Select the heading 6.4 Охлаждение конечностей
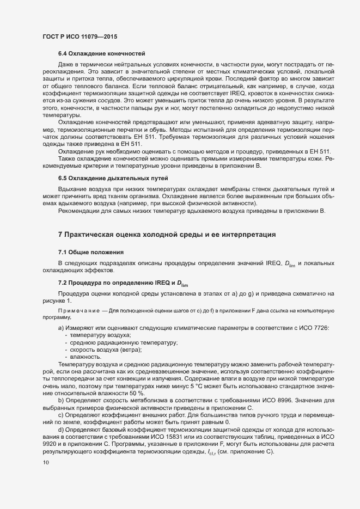[101, 53]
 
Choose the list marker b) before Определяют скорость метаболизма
[61, 400]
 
